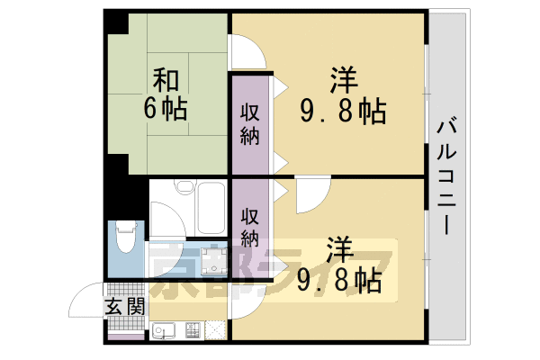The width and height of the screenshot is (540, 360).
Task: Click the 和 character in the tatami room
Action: tap(163, 81)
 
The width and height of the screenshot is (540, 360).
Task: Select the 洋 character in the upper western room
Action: tap(341, 82)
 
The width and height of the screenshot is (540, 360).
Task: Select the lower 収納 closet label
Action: tap(250, 228)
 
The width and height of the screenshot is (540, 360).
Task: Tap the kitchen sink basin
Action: tap(165, 330)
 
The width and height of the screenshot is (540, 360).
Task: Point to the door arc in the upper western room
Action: tap(248, 51)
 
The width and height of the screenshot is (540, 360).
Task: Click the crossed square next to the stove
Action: tap(217, 330)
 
